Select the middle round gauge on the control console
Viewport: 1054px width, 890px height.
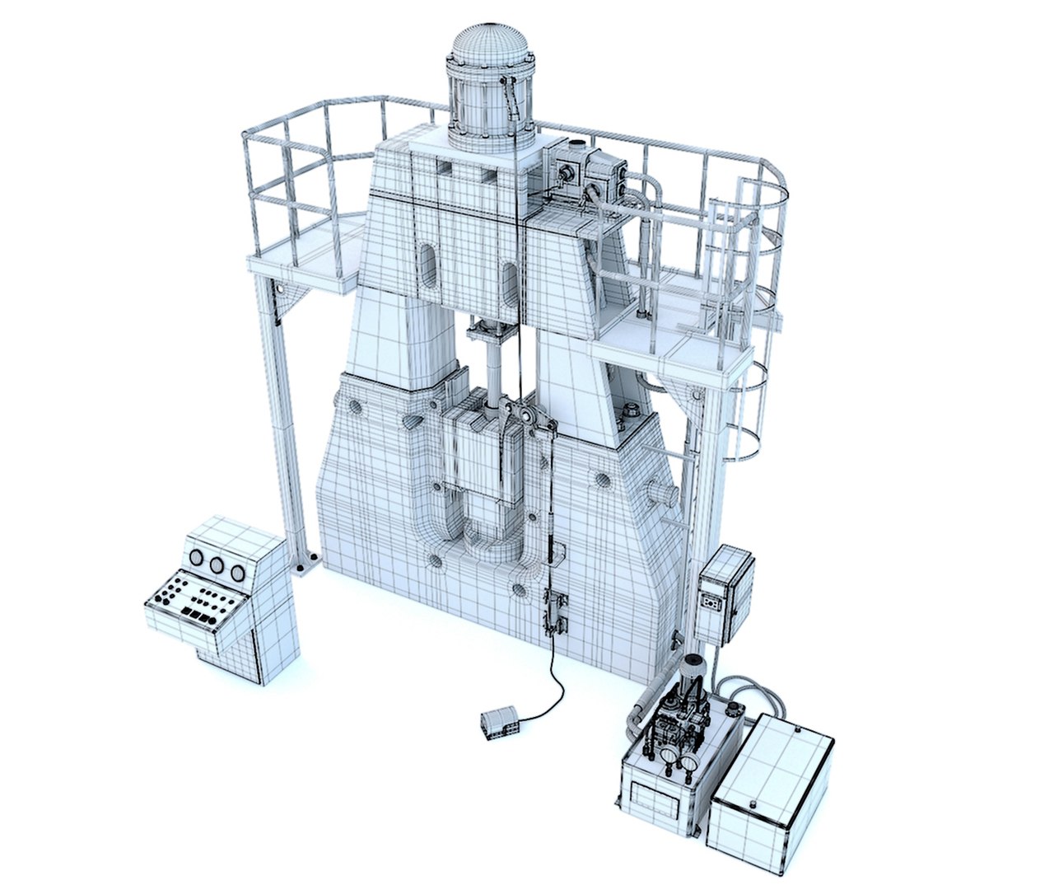[x=217, y=565]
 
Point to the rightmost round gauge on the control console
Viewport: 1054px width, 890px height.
[x=237, y=573]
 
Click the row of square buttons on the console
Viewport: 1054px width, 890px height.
[x=200, y=615]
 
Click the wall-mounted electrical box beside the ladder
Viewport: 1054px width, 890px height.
[x=725, y=593]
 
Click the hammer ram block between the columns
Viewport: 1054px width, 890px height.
[x=472, y=449]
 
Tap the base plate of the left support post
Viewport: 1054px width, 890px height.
[x=306, y=564]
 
